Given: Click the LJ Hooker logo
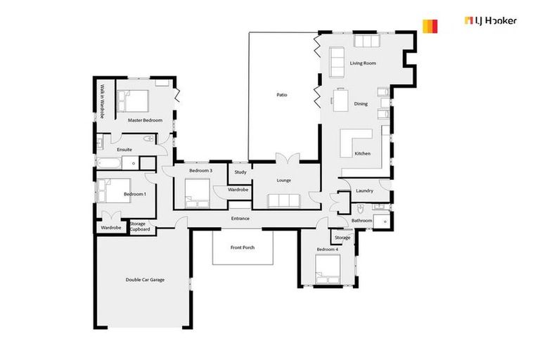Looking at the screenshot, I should (x=469, y=22).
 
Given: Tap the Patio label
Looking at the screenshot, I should (x=282, y=95).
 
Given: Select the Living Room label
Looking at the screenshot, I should (x=364, y=63).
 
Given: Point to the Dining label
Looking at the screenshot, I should (x=361, y=104).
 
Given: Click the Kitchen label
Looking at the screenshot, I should (x=362, y=153).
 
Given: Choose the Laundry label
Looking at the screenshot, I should (x=364, y=191).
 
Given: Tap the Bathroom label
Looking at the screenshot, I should (x=361, y=221).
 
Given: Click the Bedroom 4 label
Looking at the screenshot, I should (x=327, y=250).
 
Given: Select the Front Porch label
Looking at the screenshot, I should (x=243, y=247).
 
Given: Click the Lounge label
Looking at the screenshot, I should (x=284, y=181).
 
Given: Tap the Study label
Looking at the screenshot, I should (x=240, y=172).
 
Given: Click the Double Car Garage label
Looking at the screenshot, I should (x=145, y=280).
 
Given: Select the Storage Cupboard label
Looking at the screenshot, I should (x=139, y=226).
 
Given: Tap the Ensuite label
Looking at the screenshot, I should (x=124, y=150).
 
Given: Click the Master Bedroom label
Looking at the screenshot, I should (x=145, y=120).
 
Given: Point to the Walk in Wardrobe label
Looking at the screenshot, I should (x=102, y=101).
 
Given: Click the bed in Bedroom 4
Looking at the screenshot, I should (x=328, y=269).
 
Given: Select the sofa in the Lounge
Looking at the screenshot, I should (x=283, y=200).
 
